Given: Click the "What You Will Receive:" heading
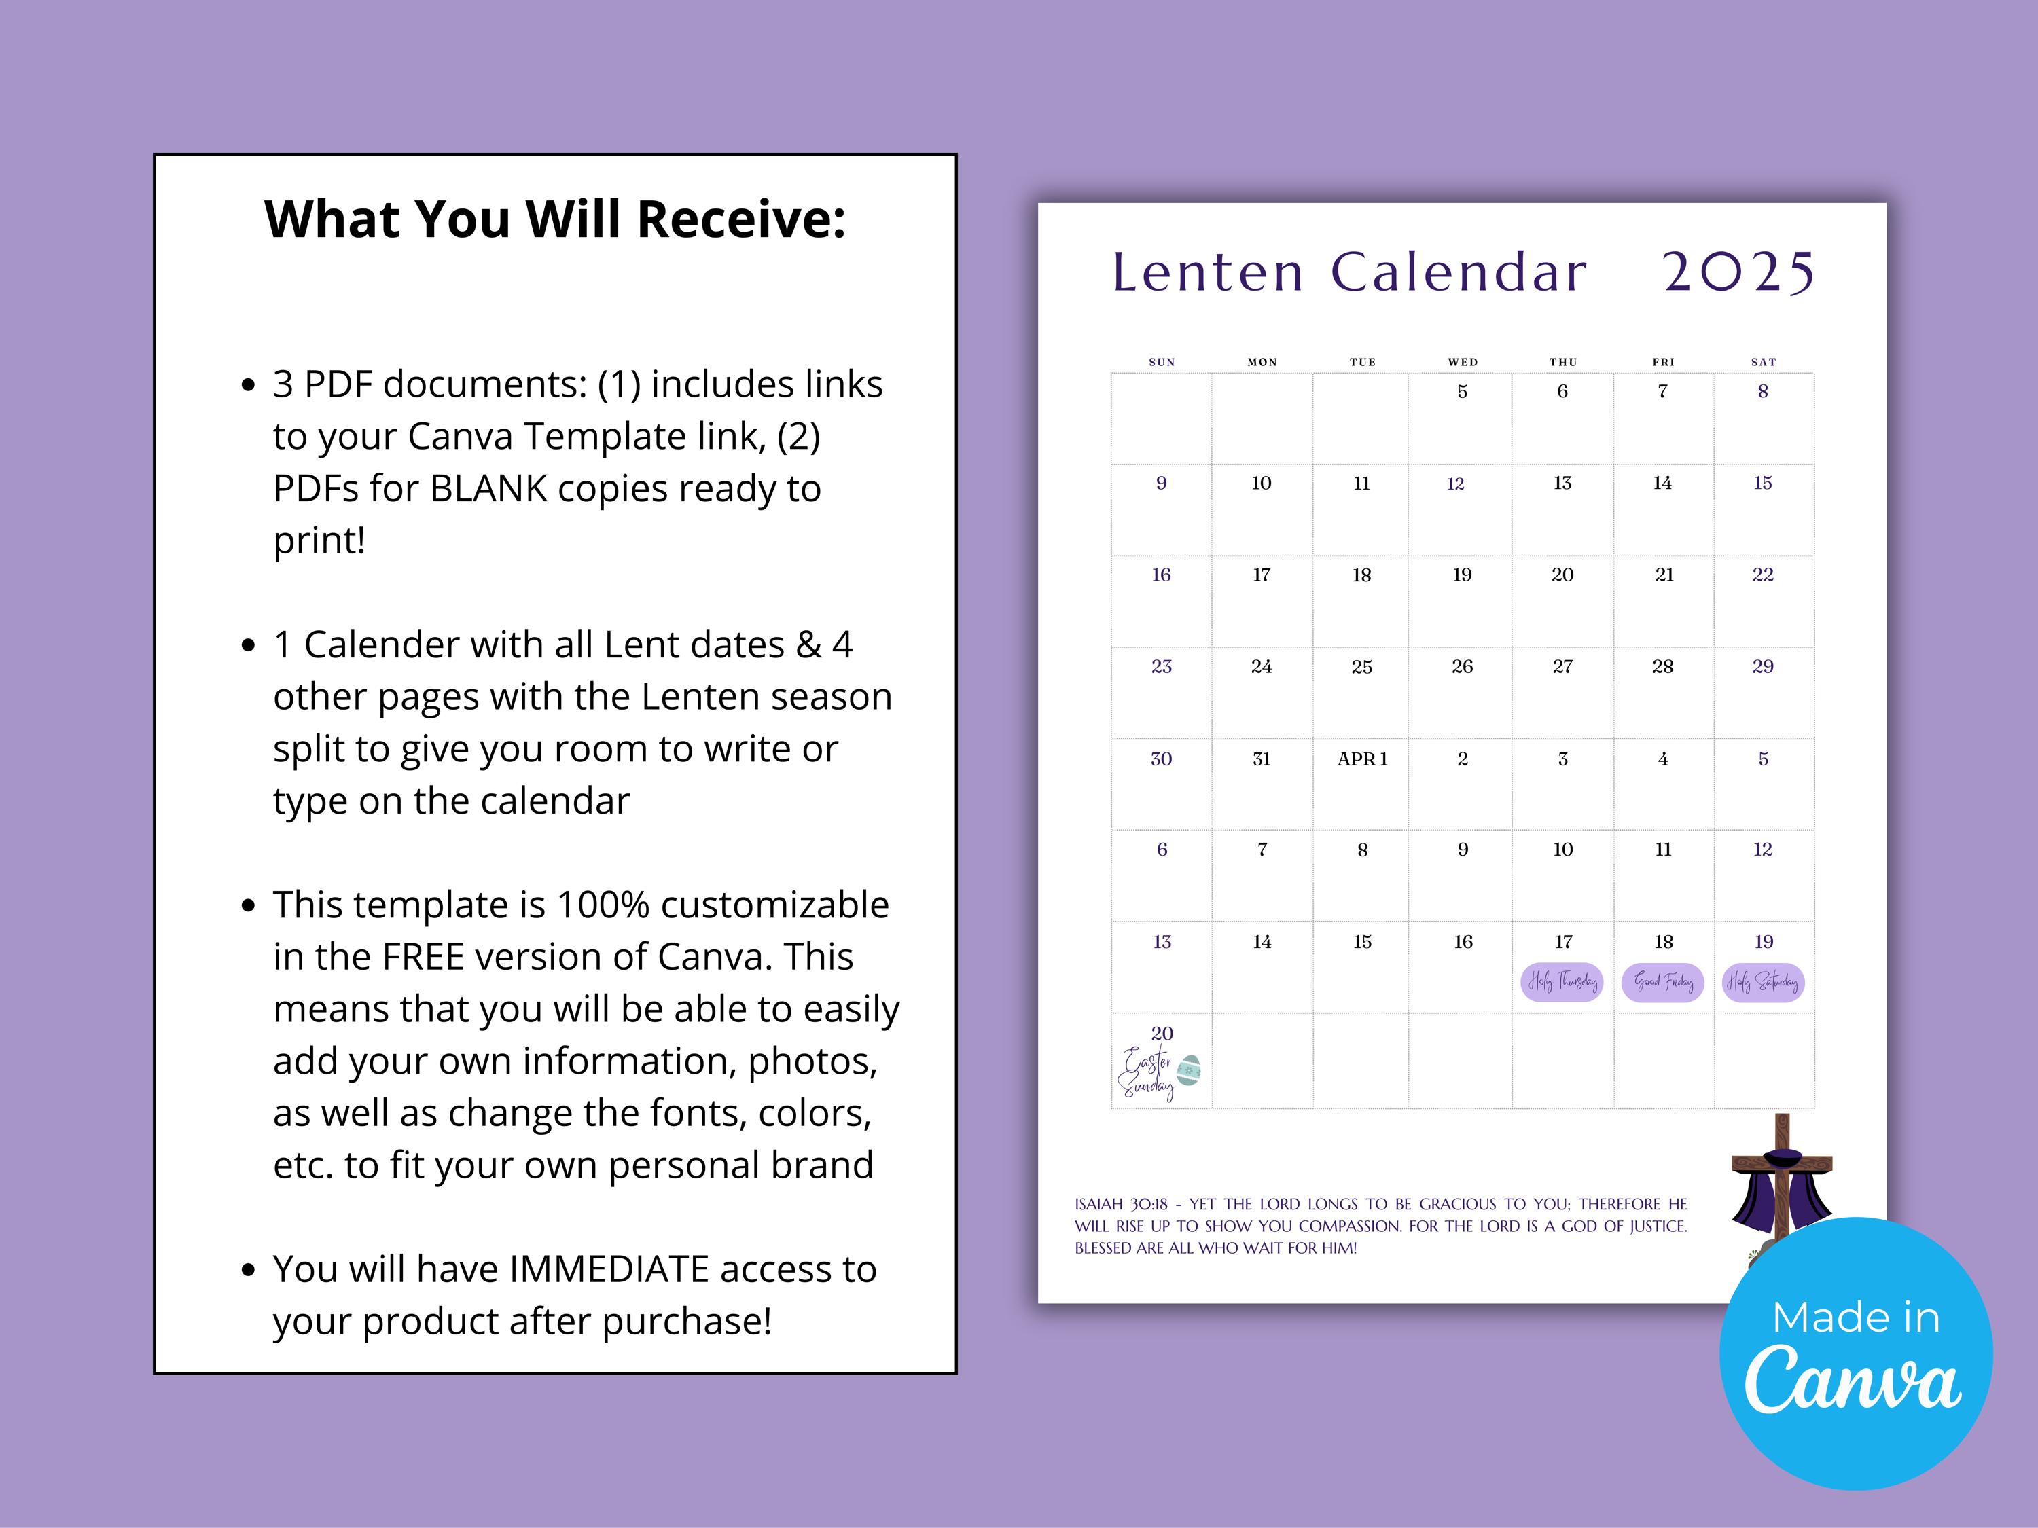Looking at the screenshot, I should (554, 219).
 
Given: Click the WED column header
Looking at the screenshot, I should (1462, 362).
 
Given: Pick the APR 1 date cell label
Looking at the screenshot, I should (1363, 759).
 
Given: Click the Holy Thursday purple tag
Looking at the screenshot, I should (1562, 982).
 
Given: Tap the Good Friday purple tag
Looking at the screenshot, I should (1663, 982).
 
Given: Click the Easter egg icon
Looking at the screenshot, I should (1190, 1070).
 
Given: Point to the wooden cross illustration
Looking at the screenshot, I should (1782, 1184).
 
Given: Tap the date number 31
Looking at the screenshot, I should (1262, 759).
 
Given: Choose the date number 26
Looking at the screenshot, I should (1462, 666).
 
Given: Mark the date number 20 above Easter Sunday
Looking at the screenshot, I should (1162, 1034).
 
